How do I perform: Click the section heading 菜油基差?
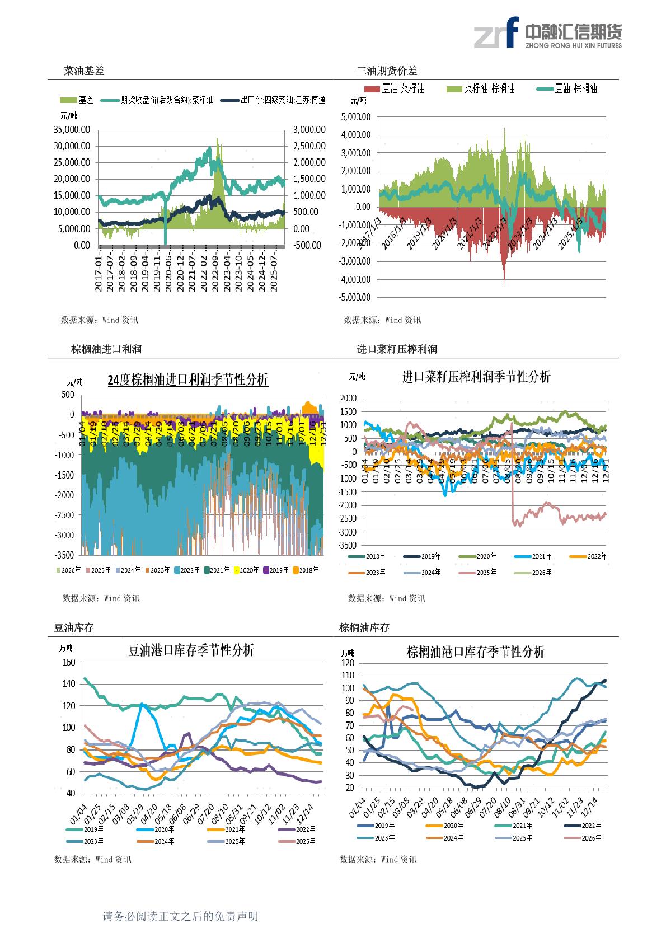(84, 71)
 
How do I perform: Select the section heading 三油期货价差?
(387, 71)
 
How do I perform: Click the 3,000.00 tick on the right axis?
(309, 130)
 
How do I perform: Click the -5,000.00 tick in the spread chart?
(354, 297)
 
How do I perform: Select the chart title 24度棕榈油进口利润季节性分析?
(187, 380)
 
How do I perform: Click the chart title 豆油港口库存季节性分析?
(191, 650)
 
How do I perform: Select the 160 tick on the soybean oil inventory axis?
(69, 662)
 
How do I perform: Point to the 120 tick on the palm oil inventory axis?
(348, 663)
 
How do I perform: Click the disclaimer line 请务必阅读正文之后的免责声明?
(180, 917)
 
